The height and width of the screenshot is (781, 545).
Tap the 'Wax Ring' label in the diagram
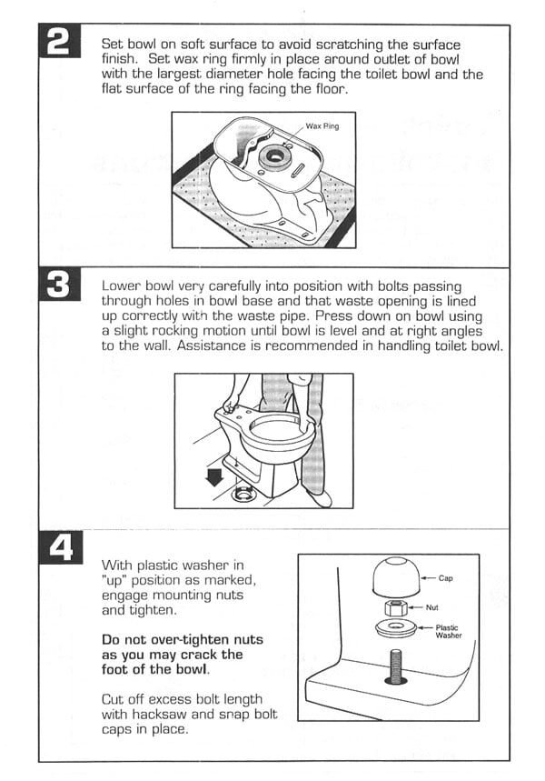click(322, 126)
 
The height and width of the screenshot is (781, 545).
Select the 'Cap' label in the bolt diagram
click(445, 577)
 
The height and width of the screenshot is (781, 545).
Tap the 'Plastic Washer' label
click(448, 631)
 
